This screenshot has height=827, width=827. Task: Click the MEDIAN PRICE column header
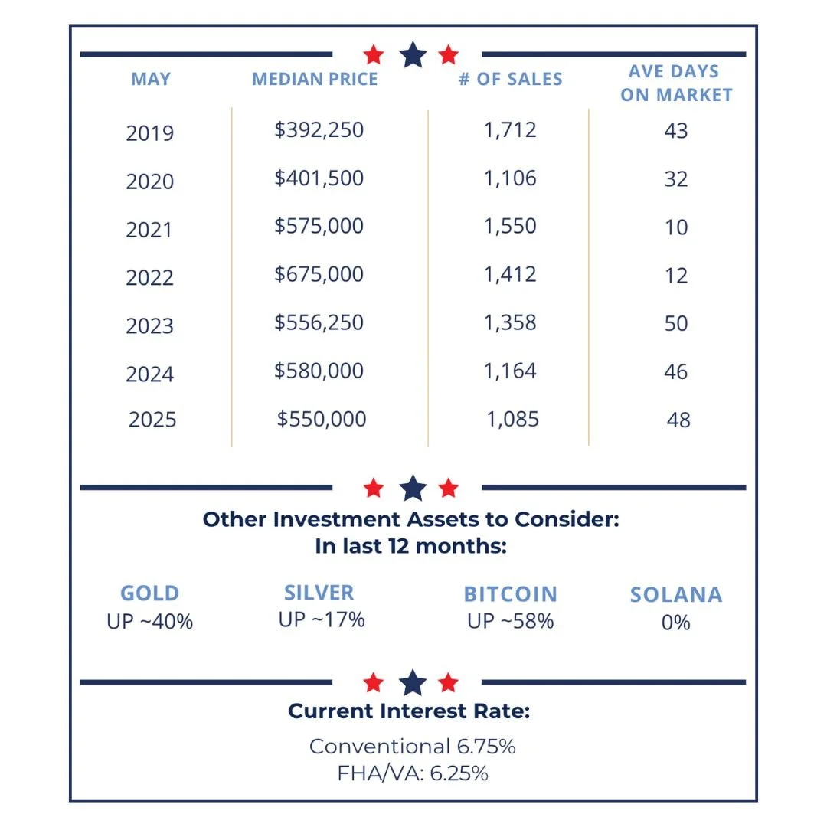coord(315,80)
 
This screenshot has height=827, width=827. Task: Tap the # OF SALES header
coord(511,80)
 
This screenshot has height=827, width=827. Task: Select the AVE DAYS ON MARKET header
coord(676,83)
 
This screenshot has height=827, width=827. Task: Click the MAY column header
coord(151,80)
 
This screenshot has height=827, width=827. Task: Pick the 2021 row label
coord(150,229)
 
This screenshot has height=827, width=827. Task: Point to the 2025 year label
coord(152,420)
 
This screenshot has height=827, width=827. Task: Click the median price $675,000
coord(319,274)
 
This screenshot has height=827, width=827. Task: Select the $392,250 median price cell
coord(319,129)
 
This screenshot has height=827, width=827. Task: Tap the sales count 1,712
coord(510,129)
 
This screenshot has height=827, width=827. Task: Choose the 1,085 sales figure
coord(513,420)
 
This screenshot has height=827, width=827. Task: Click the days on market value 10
coord(676,227)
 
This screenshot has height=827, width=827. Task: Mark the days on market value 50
coord(676,323)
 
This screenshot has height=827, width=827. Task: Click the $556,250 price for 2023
coord(319,322)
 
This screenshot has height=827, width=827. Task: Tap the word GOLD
coord(150,593)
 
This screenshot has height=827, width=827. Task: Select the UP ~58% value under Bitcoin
coord(510,621)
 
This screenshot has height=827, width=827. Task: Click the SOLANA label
coord(676,595)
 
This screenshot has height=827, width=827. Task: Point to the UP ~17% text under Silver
coord(322,619)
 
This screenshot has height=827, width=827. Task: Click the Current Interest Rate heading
coord(409,711)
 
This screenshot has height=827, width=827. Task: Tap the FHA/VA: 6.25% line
coord(413,773)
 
